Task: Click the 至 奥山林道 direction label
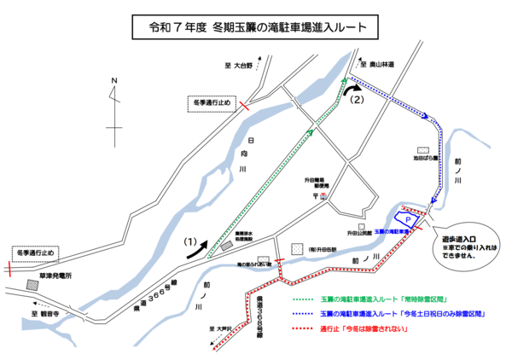point(375,65)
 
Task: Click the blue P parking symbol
point(408,220)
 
